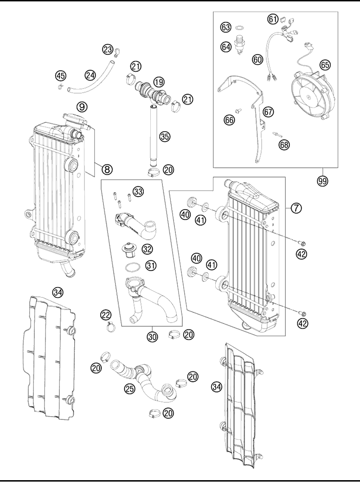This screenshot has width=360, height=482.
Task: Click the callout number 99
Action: click(323, 181)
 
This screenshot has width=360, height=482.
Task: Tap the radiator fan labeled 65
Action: click(312, 94)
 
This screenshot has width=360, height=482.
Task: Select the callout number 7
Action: click(296, 208)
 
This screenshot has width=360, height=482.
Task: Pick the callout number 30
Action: click(152, 336)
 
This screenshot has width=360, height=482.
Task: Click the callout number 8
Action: click(106, 169)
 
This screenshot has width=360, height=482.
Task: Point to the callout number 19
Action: click(159, 82)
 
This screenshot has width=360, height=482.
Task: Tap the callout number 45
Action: click(61, 75)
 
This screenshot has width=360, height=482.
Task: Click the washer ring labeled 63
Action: click(239, 28)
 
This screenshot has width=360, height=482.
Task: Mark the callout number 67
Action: click(268, 112)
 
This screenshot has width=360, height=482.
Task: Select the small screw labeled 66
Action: click(238, 109)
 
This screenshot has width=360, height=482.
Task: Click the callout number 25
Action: click(130, 388)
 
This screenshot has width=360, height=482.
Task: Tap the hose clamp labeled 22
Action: click(111, 327)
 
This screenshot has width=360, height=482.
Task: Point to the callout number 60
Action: click(257, 59)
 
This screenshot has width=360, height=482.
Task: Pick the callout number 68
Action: click(284, 145)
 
